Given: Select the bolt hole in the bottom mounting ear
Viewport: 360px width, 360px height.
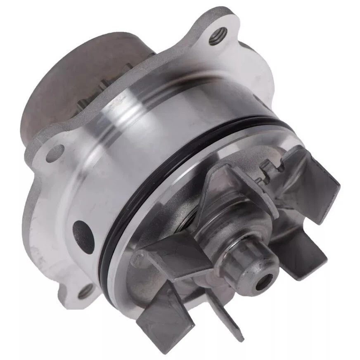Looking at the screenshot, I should [x=85, y=292].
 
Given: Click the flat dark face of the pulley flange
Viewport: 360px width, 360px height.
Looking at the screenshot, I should [x=70, y=83].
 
